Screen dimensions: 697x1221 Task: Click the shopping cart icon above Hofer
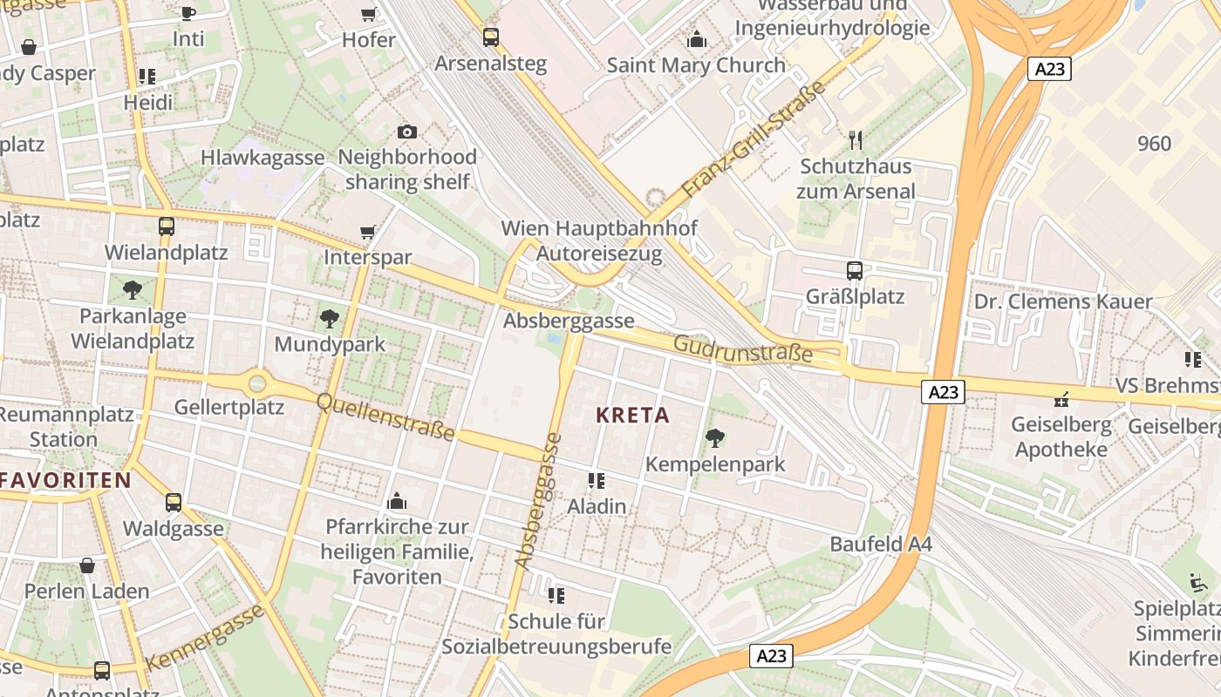point(368,14)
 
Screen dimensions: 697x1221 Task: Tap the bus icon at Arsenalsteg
point(491,37)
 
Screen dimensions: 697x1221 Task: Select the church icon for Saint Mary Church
point(696,39)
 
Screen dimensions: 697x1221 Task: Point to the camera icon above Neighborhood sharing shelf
point(406,132)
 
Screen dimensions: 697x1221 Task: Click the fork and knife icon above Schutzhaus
point(856,139)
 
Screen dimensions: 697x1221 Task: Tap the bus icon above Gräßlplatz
point(855,271)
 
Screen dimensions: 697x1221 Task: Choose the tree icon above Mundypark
point(329,318)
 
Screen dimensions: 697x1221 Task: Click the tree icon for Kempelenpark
point(715,438)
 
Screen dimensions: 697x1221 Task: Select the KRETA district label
point(633,416)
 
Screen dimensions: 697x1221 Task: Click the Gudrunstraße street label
point(742,349)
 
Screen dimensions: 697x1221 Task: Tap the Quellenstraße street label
point(385,416)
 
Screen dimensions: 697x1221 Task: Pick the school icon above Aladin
point(597,480)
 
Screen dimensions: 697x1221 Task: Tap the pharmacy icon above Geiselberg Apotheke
point(1061,400)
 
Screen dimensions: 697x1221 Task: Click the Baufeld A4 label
point(880,545)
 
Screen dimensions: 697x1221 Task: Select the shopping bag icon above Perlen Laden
point(87,565)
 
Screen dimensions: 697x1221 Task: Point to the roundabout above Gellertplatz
point(257,382)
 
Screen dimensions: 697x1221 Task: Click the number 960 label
point(1154,144)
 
